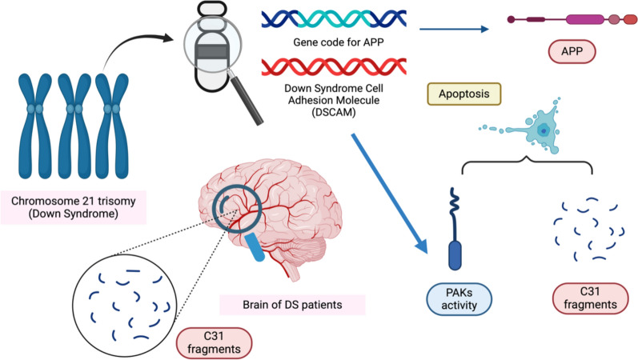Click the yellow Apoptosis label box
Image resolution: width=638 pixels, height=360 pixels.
coord(463,94)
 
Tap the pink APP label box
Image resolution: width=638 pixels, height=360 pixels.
coord(572,52)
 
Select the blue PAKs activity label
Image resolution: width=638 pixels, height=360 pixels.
coord(459,299)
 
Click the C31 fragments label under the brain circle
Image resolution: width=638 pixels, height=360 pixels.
coord(214,342)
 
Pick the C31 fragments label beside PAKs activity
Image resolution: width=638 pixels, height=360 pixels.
coord(590,298)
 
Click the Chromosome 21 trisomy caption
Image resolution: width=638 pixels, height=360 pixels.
coord(73,207)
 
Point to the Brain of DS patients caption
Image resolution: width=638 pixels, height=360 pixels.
coord(292,305)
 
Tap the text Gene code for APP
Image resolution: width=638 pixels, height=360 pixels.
coord(338,42)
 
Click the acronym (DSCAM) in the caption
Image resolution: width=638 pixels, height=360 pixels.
coord(334,112)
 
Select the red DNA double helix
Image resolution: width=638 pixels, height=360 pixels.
coord(334,66)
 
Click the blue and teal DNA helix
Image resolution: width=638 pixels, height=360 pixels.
coord(334,18)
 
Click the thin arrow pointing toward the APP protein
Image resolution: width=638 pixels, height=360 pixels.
coord(454,29)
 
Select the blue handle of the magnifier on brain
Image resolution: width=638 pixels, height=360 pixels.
coord(255,246)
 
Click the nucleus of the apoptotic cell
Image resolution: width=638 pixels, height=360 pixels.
coord(544,130)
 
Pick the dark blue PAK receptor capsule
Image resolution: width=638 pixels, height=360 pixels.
coord(455,255)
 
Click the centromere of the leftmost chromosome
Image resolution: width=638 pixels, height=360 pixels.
coord(35,109)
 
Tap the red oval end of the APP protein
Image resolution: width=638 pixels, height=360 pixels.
coord(630,19)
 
